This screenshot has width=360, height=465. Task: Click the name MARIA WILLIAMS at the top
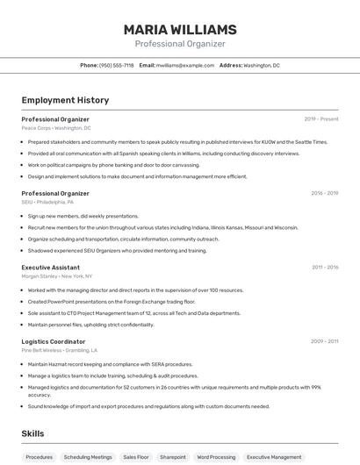pos(180,29)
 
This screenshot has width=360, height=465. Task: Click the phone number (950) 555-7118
pos(117,65)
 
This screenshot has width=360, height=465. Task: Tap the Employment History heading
pos(65,100)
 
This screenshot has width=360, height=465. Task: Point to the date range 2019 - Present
pos(321,118)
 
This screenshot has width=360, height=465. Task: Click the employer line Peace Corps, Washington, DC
pos(56,128)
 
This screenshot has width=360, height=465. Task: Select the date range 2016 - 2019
pos(324,193)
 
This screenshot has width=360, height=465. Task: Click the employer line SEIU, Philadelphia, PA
pos(47,202)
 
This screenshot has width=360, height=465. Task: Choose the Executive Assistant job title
pos(51,267)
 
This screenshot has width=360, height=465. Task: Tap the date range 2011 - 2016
pos(324,267)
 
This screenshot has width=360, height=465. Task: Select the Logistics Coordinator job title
pos(54,341)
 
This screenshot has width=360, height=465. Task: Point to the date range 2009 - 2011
pos(324,341)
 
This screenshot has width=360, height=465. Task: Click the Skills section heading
pos(32,433)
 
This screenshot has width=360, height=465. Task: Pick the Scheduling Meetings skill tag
pos(88,457)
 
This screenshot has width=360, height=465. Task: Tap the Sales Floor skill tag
pos(136,457)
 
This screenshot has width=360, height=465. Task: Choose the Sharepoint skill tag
pos(173,457)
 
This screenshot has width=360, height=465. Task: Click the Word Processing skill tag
pos(216,457)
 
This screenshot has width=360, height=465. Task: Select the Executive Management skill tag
pos(274,457)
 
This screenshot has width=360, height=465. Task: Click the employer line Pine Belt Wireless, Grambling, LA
pos(60,350)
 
